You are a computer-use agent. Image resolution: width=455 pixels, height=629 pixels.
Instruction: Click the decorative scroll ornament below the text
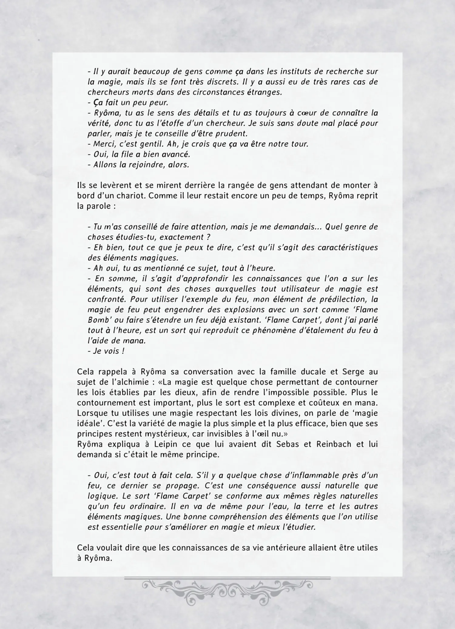coord(227,591)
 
